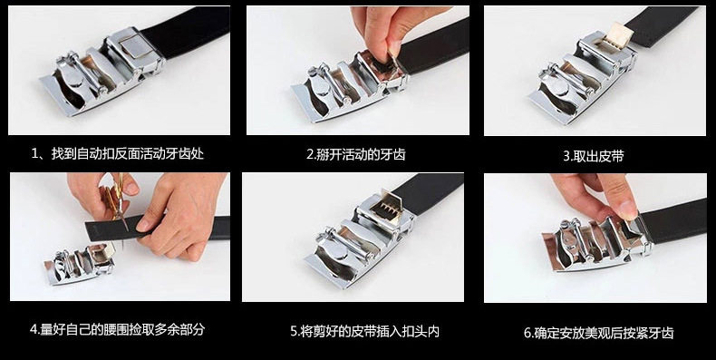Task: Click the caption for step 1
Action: (117, 153)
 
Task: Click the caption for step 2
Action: (355, 154)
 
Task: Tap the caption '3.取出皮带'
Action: (593, 156)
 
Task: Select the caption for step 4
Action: (117, 329)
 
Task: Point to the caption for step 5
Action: (365, 331)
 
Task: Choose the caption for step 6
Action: (599, 333)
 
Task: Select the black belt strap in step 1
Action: (189, 31)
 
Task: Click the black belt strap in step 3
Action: (663, 25)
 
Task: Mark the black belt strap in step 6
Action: (673, 221)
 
